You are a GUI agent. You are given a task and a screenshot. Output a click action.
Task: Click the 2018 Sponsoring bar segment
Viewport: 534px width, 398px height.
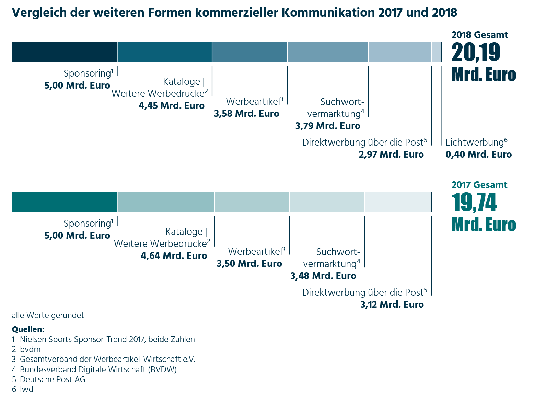click(64, 52)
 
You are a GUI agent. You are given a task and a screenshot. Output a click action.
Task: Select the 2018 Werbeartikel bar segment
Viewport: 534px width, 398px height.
click(249, 52)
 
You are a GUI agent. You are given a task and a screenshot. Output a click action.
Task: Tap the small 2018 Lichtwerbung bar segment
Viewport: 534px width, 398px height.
click(436, 52)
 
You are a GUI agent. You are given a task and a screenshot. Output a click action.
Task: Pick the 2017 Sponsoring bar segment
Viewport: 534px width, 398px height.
click(64, 202)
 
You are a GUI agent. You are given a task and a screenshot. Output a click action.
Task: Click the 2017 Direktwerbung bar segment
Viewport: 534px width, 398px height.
click(398, 202)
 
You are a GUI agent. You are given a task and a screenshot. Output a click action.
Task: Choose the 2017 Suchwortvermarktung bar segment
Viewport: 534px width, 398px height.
click(327, 202)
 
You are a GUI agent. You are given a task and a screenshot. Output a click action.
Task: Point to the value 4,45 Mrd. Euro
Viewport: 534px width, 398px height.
click(171, 106)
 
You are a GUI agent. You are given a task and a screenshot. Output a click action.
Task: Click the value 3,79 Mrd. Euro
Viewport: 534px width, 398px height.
click(328, 126)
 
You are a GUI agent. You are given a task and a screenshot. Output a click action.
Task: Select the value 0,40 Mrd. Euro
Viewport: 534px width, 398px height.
click(479, 155)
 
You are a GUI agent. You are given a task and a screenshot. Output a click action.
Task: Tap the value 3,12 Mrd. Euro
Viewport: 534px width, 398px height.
click(392, 305)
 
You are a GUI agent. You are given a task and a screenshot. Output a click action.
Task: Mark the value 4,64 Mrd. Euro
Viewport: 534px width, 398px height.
click(174, 256)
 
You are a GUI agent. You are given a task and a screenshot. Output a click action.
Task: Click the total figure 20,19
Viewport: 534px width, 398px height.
click(476, 52)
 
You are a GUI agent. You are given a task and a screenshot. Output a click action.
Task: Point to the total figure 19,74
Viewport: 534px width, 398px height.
click(474, 202)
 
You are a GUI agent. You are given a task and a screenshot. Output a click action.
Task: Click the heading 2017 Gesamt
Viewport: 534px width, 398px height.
click(479, 185)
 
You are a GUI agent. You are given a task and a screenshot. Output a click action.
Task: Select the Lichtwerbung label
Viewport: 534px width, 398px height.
click(476, 143)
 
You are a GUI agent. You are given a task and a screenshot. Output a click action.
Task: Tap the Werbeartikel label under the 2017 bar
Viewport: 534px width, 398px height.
click(257, 252)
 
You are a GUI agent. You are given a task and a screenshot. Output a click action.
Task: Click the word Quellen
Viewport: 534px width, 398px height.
click(28, 329)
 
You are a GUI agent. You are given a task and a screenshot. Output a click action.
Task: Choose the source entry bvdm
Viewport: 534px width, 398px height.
click(30, 349)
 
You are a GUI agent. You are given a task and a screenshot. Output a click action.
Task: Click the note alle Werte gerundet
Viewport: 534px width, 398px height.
click(48, 315)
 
